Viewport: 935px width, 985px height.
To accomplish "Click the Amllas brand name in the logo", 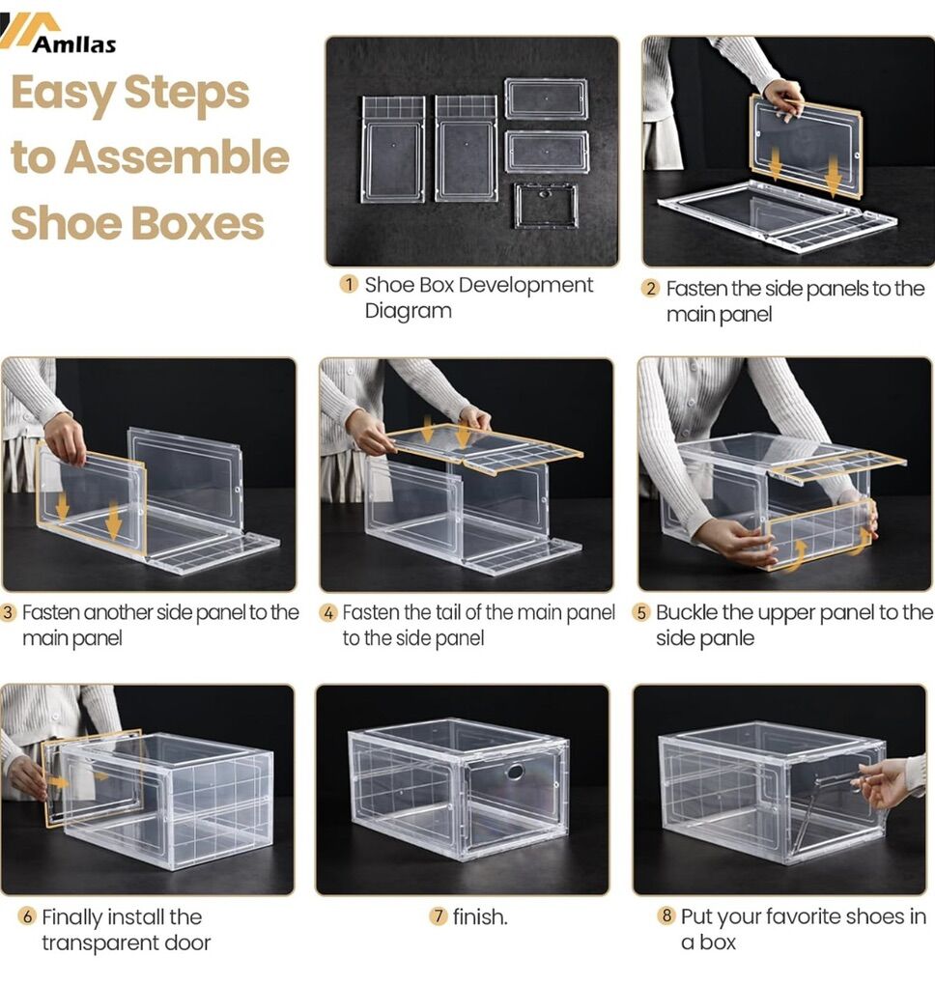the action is (x=74, y=44).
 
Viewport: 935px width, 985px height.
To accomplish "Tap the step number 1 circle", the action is (x=349, y=285).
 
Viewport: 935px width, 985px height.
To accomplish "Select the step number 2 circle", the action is (x=650, y=289).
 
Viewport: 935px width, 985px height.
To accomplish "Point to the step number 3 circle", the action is (x=8, y=612).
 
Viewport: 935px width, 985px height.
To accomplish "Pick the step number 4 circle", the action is (x=328, y=612).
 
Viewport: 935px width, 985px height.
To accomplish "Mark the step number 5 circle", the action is (x=641, y=612).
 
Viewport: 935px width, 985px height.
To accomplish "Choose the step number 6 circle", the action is (x=27, y=916).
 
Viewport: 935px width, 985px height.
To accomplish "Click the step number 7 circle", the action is (x=439, y=916).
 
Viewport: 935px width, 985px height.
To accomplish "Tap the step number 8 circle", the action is (x=666, y=915).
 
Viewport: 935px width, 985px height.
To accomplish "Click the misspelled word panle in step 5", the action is (x=730, y=639).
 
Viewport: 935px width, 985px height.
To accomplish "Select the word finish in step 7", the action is (x=478, y=917).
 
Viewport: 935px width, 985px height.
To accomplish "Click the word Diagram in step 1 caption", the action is (x=409, y=311).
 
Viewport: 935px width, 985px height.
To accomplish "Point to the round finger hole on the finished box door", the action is (x=515, y=772).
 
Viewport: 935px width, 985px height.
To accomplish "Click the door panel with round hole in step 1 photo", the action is (x=545, y=206).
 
